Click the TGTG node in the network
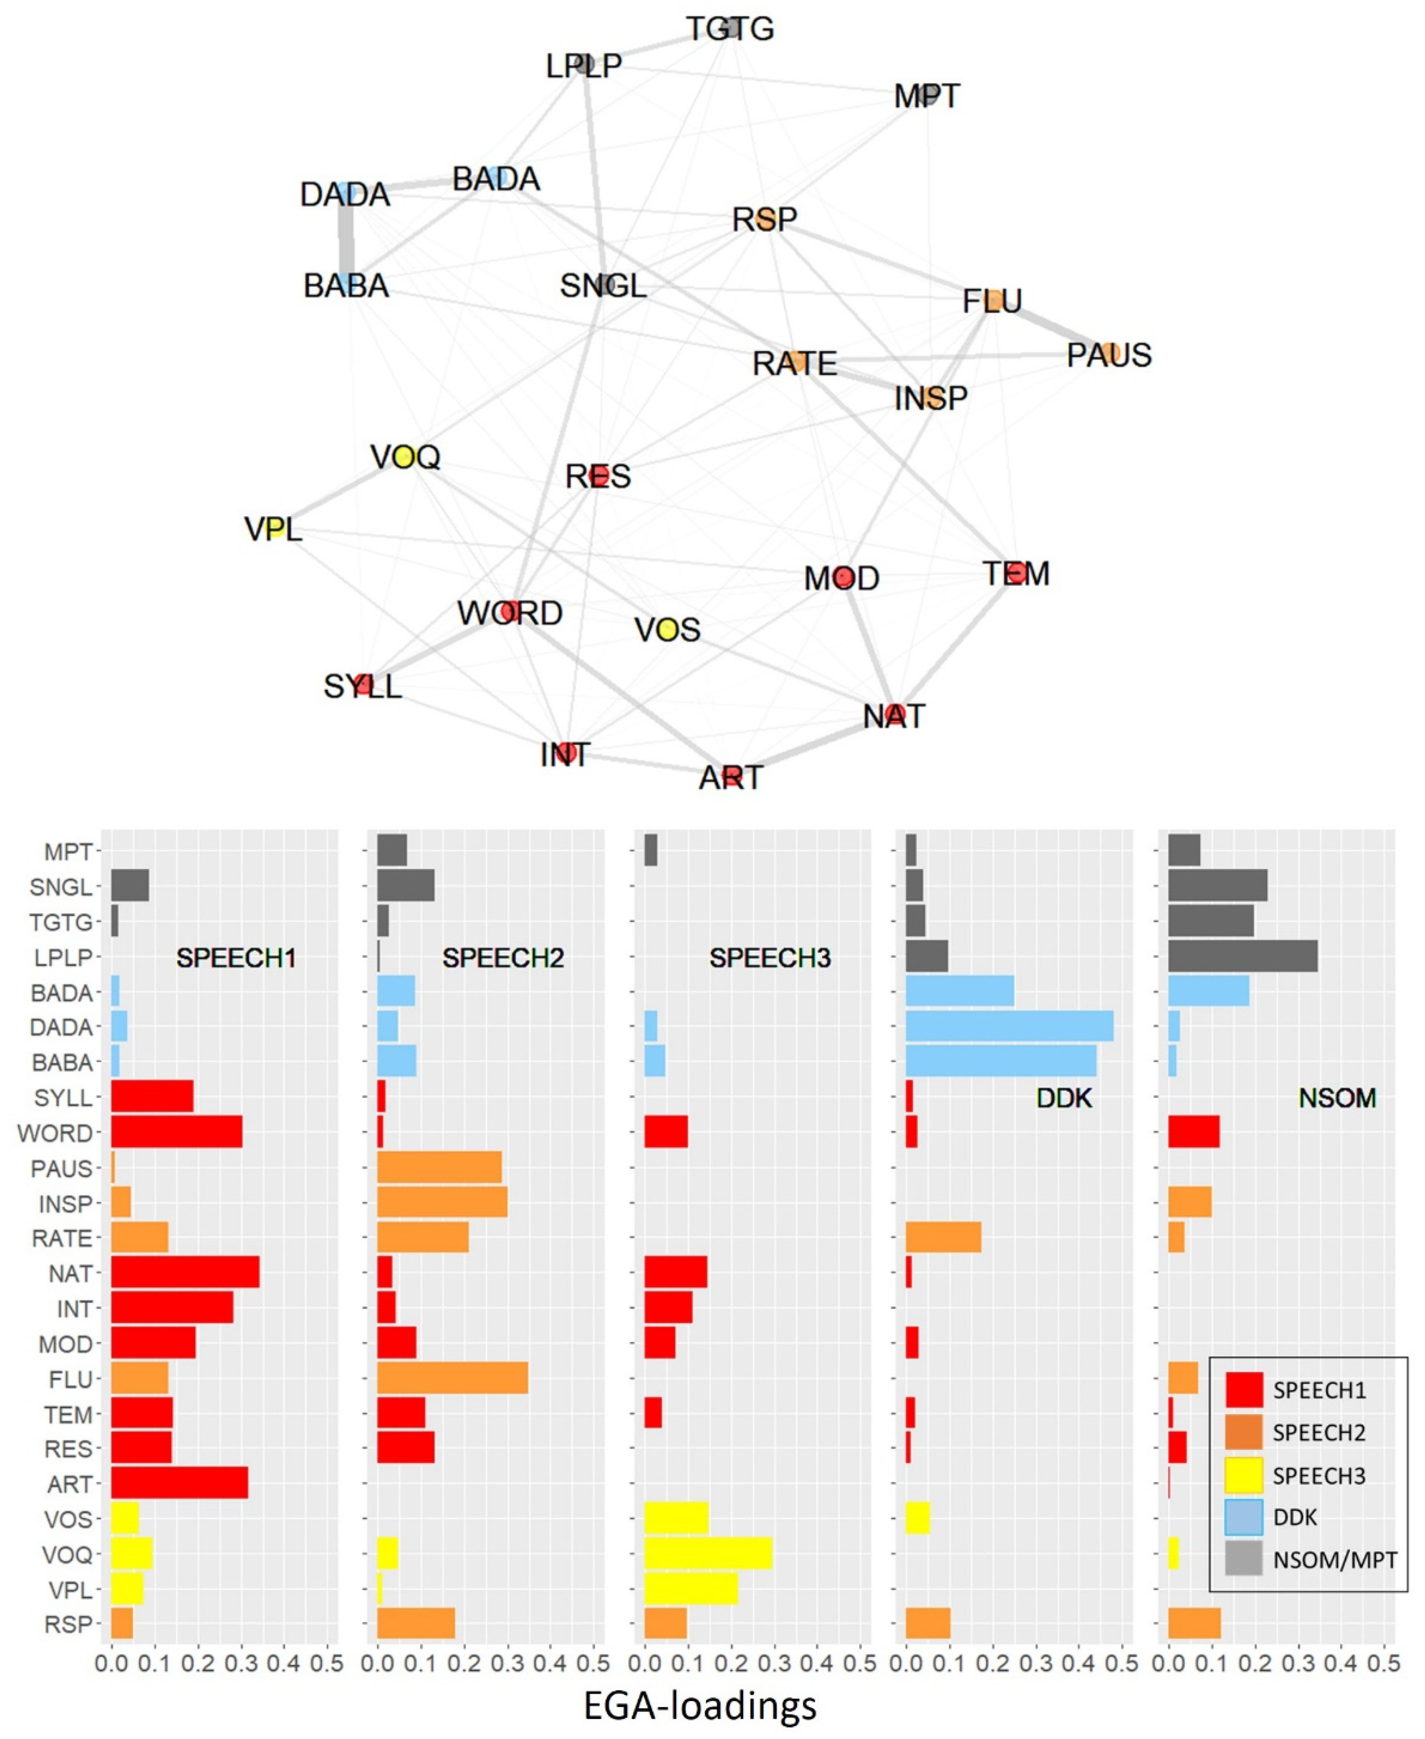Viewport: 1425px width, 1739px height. coord(730,29)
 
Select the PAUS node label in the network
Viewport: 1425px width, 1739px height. coord(1109,355)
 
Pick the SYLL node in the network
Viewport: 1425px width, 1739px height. coord(364,685)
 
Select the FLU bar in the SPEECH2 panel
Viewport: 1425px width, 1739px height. coord(452,1379)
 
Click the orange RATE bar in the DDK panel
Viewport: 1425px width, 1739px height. coord(943,1238)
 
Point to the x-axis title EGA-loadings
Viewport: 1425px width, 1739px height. coord(700,1705)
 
